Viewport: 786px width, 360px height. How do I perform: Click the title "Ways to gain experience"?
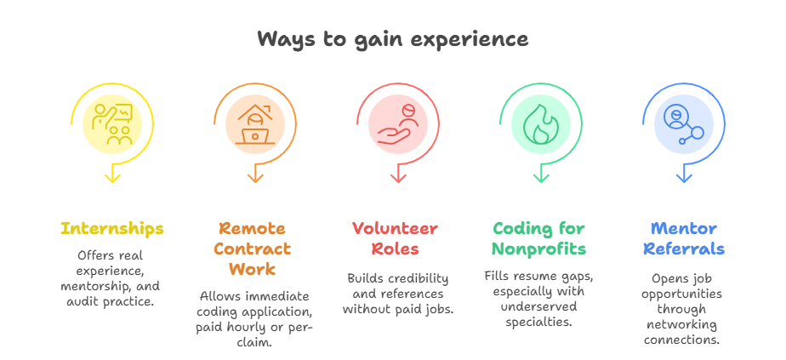click(x=392, y=39)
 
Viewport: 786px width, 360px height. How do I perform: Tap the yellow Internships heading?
click(x=112, y=229)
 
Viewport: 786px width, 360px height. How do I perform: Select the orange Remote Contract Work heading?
click(x=253, y=249)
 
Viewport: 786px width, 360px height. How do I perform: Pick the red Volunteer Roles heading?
click(x=395, y=239)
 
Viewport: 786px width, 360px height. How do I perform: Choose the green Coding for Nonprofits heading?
click(x=538, y=239)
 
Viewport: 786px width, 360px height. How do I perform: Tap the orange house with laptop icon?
click(x=255, y=124)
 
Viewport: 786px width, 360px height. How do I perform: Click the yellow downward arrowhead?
click(x=112, y=177)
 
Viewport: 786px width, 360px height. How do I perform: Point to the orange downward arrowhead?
click(x=255, y=177)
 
